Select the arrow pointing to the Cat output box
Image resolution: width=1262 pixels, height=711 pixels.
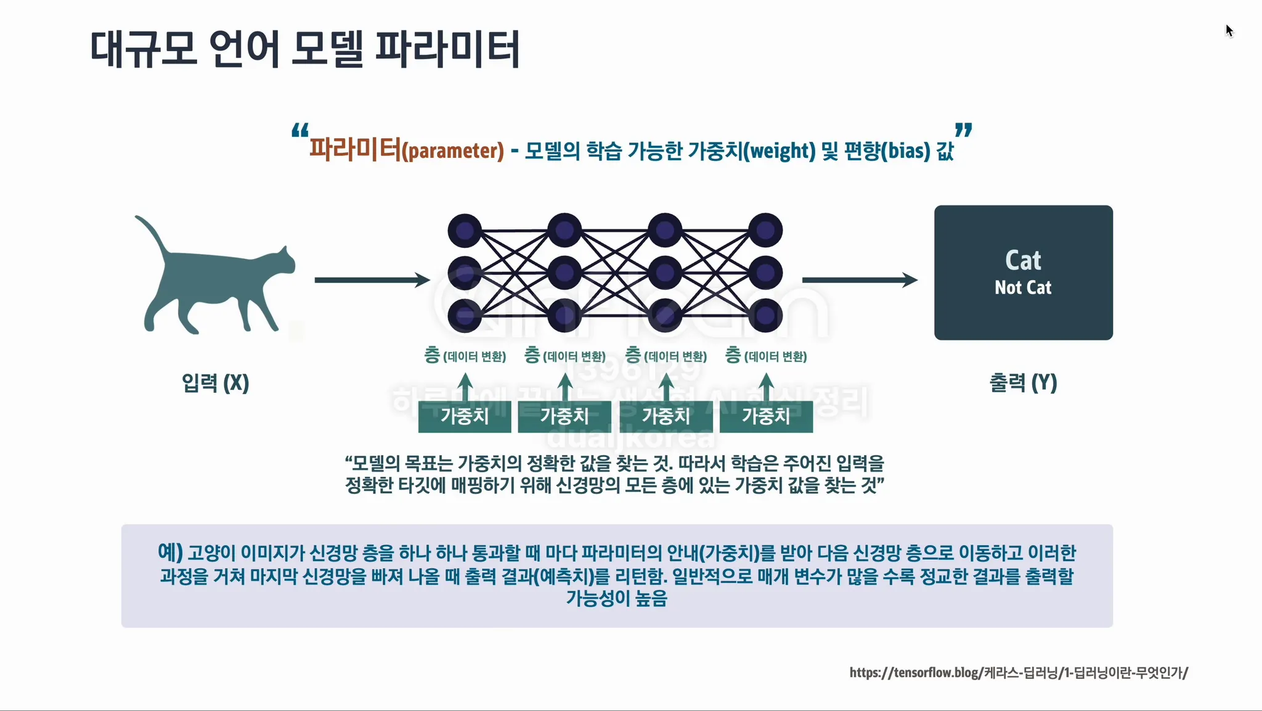[859, 280]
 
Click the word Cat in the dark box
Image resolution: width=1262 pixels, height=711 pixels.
[1023, 260]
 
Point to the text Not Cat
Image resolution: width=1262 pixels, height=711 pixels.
[1023, 287]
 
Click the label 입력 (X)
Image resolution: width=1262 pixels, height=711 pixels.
[215, 383]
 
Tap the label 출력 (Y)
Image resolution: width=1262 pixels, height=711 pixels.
[1023, 383]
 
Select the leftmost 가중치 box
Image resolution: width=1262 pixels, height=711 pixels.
[465, 416]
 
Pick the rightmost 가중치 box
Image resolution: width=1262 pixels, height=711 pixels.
[766, 416]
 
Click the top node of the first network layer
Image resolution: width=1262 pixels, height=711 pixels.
[465, 231]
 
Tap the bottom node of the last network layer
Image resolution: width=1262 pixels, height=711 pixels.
[765, 315]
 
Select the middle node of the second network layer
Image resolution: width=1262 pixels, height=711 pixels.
[564, 273]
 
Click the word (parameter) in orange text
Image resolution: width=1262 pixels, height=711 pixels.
[453, 151]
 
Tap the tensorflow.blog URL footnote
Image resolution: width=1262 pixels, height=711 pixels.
[1018, 672]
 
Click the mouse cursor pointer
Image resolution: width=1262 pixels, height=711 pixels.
[1229, 30]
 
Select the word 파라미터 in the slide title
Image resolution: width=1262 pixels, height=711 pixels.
[447, 49]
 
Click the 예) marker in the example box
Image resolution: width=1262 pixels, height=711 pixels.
[170, 552]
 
